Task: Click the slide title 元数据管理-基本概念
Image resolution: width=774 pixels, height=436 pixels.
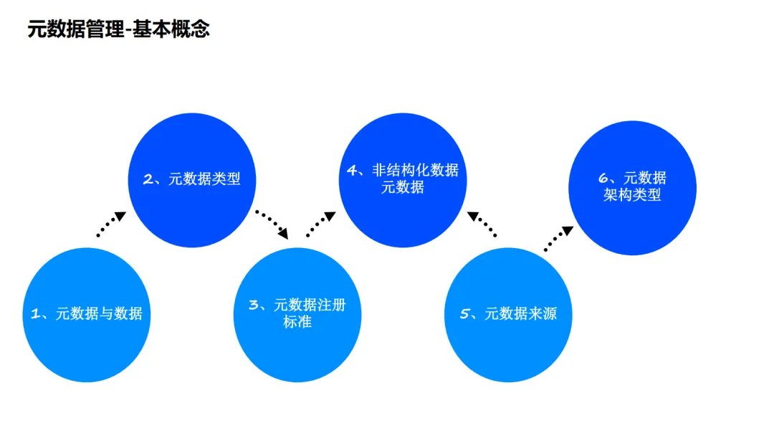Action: click(x=118, y=29)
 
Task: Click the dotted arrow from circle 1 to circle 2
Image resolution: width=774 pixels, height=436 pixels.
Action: click(x=111, y=224)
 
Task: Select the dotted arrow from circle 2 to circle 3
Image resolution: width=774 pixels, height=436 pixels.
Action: click(x=272, y=224)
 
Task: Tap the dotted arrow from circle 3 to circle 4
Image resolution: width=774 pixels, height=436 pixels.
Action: click(x=320, y=224)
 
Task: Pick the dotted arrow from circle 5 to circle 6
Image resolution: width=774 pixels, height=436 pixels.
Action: click(x=558, y=239)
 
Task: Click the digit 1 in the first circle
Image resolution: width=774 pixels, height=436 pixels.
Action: click(x=35, y=313)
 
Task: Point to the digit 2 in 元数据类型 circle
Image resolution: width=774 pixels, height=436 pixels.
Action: click(x=149, y=179)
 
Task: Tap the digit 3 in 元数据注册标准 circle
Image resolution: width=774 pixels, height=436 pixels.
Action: click(x=253, y=305)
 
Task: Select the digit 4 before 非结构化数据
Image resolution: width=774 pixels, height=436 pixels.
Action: click(x=352, y=171)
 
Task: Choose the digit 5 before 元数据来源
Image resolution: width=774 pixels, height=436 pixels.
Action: click(x=464, y=314)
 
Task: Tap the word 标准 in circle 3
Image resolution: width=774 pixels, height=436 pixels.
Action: click(x=297, y=322)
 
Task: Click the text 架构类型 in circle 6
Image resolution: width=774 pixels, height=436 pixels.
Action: click(x=632, y=195)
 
